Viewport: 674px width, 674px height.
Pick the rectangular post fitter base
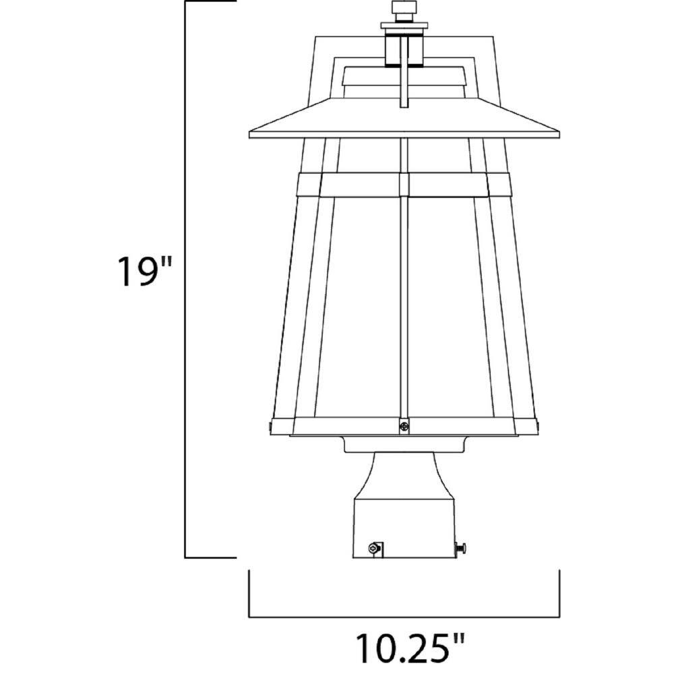point(404,529)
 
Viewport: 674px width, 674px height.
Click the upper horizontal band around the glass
point(404,183)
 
